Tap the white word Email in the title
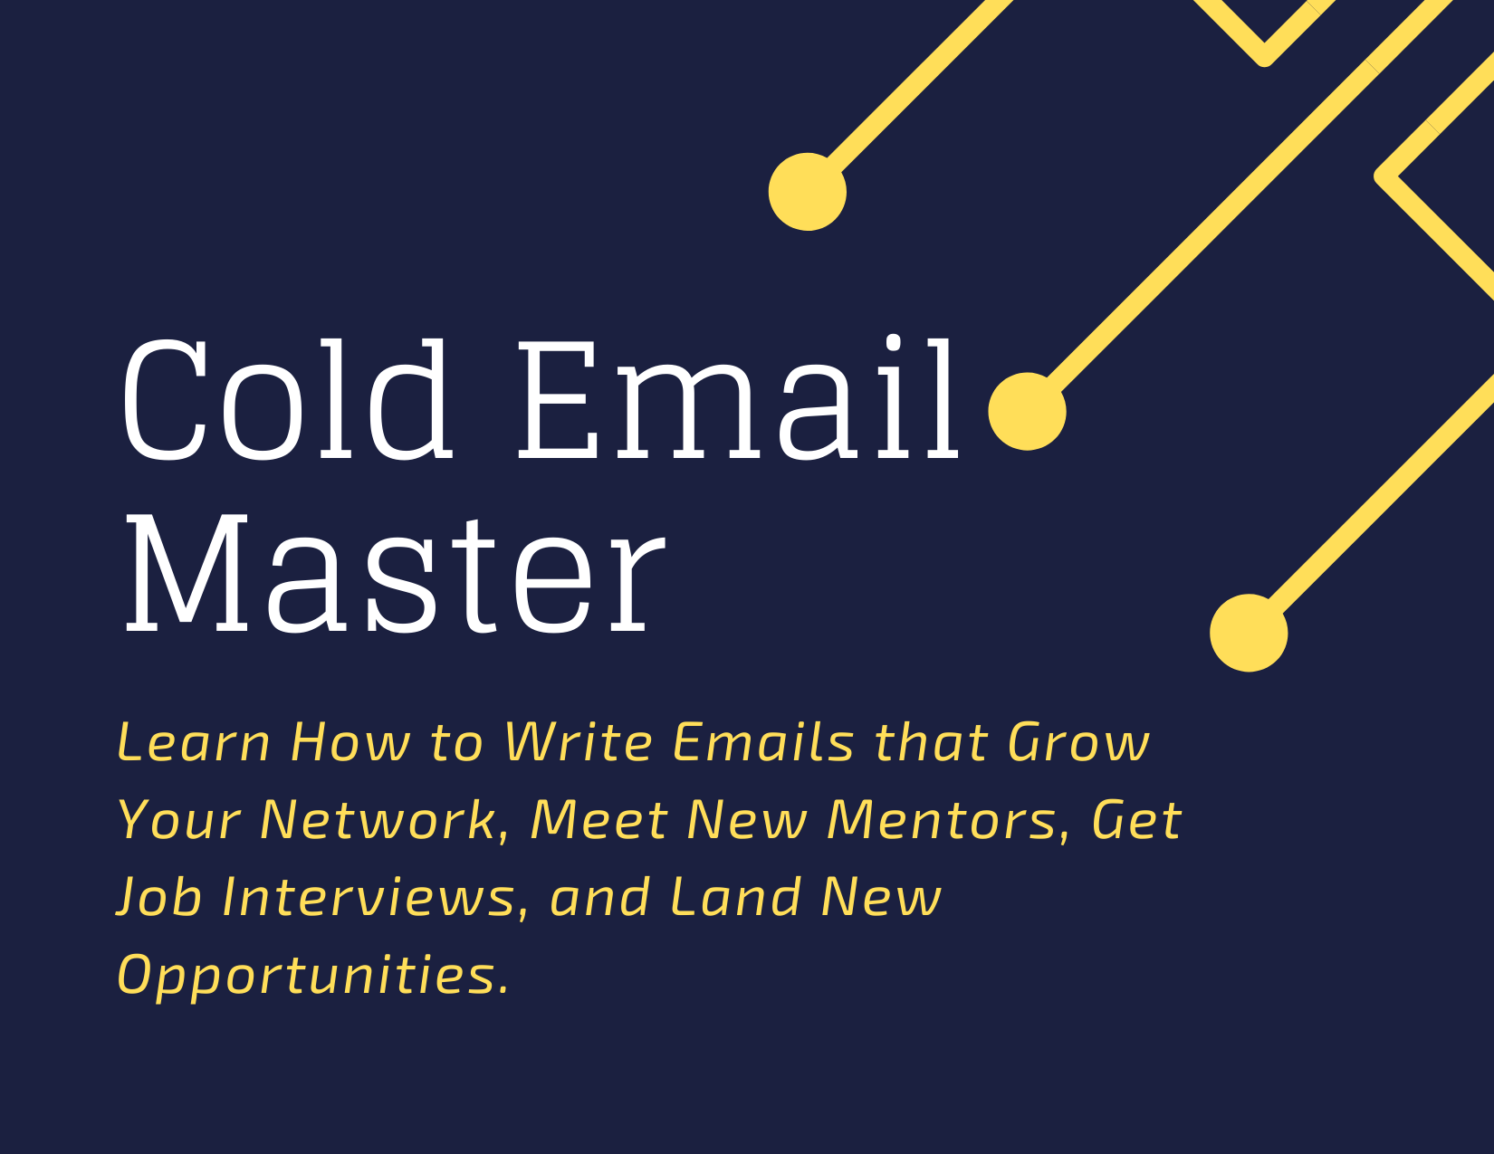(x=739, y=397)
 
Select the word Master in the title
(x=395, y=573)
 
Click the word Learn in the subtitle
(x=194, y=742)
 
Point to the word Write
(x=579, y=742)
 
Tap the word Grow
(x=1078, y=742)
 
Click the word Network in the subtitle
(x=384, y=821)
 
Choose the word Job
(x=159, y=898)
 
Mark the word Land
(x=735, y=898)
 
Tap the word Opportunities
(x=313, y=976)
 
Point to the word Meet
(x=599, y=821)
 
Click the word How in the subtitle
(x=350, y=742)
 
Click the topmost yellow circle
(x=807, y=192)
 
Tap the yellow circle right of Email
(x=1027, y=412)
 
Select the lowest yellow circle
(x=1249, y=633)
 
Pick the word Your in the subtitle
(x=179, y=821)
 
